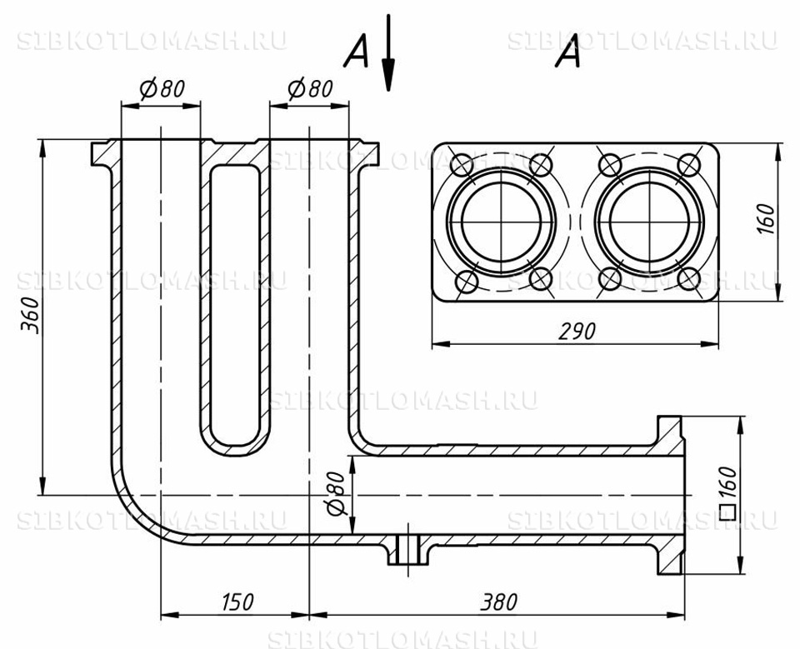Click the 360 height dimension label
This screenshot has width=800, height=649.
[x=31, y=314]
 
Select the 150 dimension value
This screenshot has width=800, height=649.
[x=237, y=602]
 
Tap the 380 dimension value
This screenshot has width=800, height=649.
[x=498, y=602]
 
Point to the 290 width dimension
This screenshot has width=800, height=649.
[x=577, y=332]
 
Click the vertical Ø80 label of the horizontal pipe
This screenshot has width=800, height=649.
[x=336, y=493]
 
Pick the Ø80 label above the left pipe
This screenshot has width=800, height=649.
[x=162, y=89]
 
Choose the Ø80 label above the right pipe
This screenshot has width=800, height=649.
[x=310, y=89]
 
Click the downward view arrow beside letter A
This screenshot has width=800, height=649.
[x=389, y=52]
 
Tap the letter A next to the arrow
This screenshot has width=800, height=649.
[x=356, y=51]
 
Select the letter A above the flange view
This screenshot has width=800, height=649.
[x=568, y=51]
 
